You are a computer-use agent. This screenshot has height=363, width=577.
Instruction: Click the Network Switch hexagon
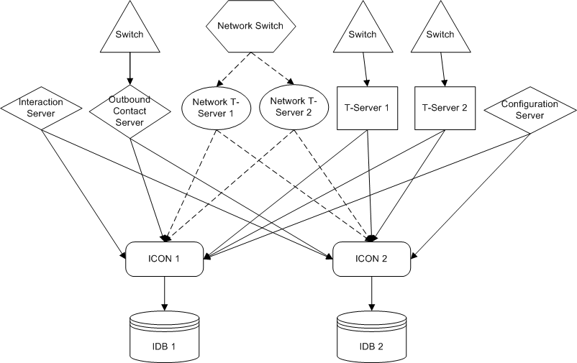pos(250,26)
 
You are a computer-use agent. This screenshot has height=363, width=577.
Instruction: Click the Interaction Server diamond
pos(41,108)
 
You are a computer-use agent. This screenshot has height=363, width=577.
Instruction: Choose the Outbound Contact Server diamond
pos(130,111)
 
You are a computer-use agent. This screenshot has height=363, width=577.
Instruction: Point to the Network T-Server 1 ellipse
pos(217,108)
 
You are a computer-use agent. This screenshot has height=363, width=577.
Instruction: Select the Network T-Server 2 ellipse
pos(294,107)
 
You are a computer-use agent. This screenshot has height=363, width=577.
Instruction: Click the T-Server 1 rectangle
pos(367,108)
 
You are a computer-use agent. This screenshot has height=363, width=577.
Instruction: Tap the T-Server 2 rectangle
pos(445,108)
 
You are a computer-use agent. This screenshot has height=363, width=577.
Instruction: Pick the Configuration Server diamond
pos(530,110)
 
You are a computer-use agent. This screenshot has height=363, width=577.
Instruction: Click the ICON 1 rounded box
pos(165,259)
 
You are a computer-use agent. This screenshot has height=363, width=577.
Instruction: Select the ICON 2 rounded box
pos(371,259)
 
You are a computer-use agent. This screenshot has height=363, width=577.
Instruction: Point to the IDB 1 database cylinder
pos(165,336)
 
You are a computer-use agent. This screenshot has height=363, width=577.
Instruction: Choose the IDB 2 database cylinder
pos(372,336)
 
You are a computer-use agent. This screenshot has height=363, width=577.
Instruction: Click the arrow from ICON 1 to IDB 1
pos(165,293)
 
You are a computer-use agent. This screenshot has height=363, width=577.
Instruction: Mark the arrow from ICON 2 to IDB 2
pos(372,293)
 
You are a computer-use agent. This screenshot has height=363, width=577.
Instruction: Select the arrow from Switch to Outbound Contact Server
pos(130,69)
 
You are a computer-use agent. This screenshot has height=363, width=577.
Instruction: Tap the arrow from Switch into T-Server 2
pos(442,70)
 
